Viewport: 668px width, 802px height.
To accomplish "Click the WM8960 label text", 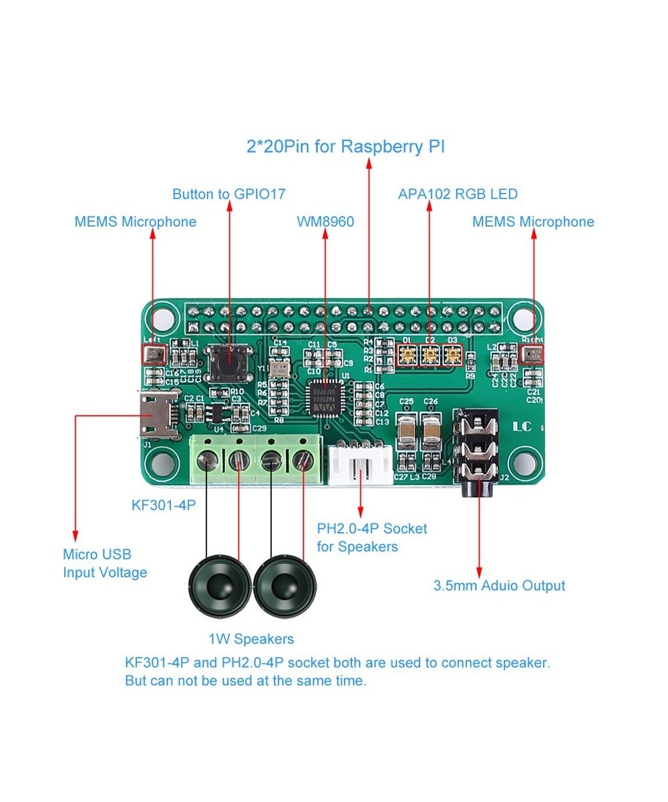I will [325, 222].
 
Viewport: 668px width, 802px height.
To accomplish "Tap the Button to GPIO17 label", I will [228, 194].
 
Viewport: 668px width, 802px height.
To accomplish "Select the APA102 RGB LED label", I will [458, 194].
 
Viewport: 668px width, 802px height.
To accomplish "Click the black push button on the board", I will [228, 362].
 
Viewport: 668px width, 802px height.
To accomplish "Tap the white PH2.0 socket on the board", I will [359, 465].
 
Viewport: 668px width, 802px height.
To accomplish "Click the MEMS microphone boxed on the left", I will [154, 355].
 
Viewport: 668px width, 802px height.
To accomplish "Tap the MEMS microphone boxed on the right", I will [533, 354].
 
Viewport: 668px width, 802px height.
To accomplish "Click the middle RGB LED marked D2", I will [429, 355].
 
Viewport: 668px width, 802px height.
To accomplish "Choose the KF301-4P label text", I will [164, 505].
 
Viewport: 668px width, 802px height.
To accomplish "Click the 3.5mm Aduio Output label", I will [499, 586].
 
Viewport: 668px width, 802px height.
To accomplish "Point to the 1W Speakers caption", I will [251, 639].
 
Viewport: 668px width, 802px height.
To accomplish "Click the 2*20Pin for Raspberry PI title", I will [345, 147].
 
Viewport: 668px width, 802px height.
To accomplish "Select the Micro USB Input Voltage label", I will [105, 563].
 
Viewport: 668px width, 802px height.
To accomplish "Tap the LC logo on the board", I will [522, 426].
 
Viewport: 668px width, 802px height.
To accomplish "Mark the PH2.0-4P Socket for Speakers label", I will [371, 537].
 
